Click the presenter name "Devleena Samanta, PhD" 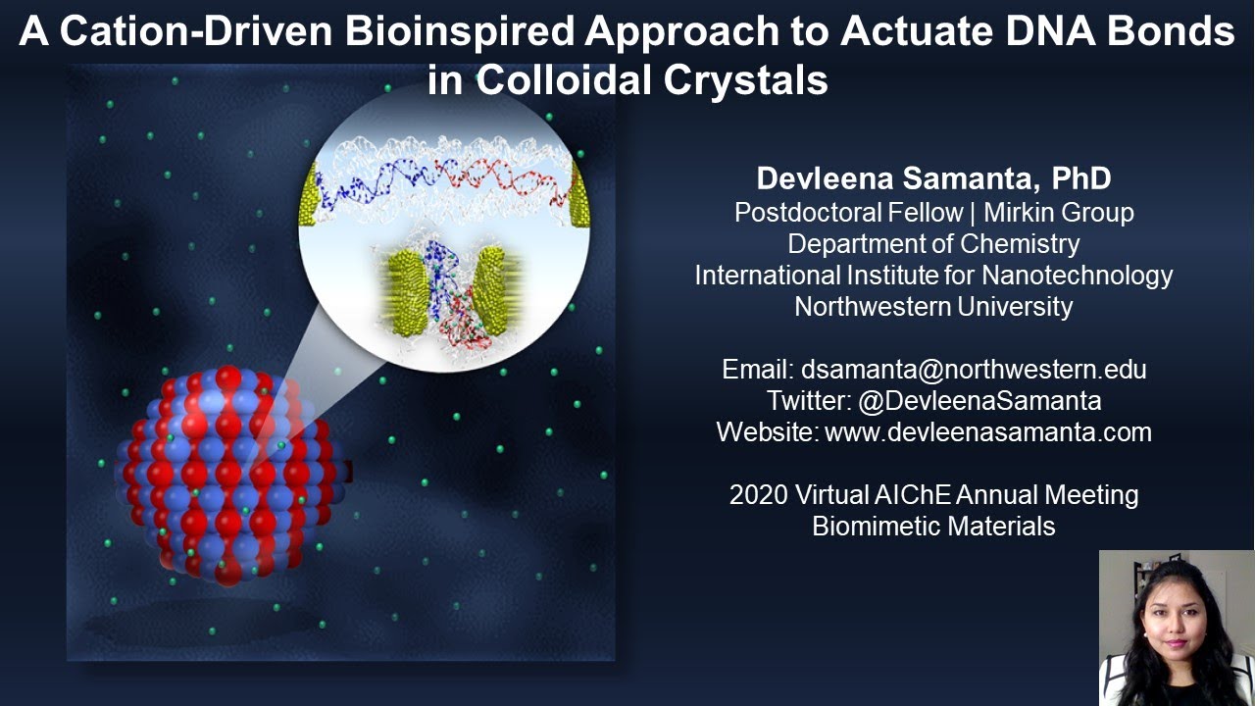tap(933, 178)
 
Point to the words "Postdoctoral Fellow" tap(848, 212)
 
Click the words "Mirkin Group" tap(1058, 212)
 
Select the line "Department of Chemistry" tap(933, 243)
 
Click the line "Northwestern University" tap(933, 306)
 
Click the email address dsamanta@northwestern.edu tap(974, 370)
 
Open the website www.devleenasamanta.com tap(988, 431)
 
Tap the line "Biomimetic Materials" tap(933, 527)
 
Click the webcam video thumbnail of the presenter tap(1176, 628)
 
